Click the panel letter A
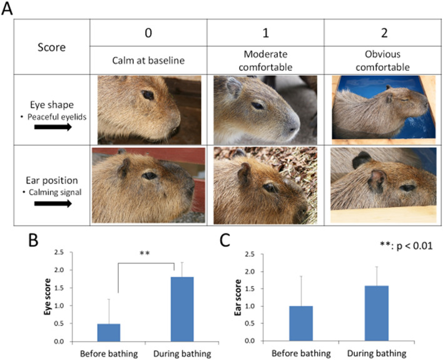[8, 9]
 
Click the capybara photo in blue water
[383, 108]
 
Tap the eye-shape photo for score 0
[148, 108]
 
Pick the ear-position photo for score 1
[265, 185]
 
